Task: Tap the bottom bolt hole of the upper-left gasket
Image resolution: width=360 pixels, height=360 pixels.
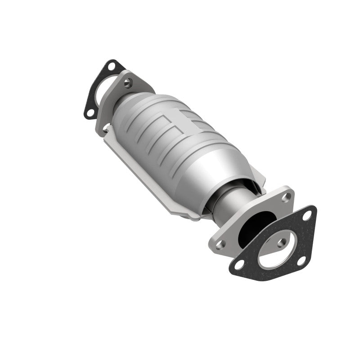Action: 90,112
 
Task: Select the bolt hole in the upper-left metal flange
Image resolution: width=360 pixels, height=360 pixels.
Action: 130,82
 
